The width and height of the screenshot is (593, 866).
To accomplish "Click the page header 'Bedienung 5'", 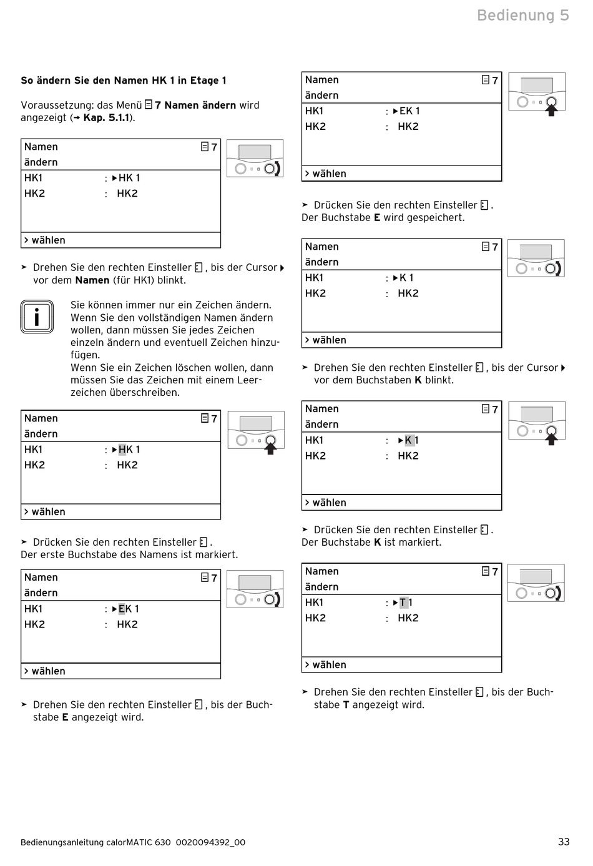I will pos(522,15).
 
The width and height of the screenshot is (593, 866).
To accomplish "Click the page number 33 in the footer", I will pos(564,842).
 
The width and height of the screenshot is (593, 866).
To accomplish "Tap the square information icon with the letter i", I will pos(37,317).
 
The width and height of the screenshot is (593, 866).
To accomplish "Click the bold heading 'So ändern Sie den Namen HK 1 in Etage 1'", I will pos(124,81).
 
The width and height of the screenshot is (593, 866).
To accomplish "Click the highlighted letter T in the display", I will pos(403,603).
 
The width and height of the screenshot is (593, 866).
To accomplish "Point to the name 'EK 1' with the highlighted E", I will pos(128,609).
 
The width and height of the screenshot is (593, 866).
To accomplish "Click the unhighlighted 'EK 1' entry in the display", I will pos(409,111).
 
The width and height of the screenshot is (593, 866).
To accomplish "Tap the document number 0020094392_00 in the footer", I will pos(210,842).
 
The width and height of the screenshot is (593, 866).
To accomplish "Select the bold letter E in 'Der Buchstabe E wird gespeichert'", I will pos(377,218).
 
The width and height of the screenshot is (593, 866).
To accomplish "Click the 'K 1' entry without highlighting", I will pos(406,278).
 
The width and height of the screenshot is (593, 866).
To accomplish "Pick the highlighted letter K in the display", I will pos(408,440).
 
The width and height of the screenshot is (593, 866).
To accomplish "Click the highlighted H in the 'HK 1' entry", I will pos(122,450).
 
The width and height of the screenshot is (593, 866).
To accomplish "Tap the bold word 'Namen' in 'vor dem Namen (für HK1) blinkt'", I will pos(92,280).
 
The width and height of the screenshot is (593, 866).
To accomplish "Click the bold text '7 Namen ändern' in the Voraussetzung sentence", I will pos(195,106).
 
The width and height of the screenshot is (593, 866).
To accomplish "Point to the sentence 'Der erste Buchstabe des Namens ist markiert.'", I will pos(129,554).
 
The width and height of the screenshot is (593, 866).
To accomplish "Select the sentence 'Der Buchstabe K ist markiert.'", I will pos(371,543).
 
